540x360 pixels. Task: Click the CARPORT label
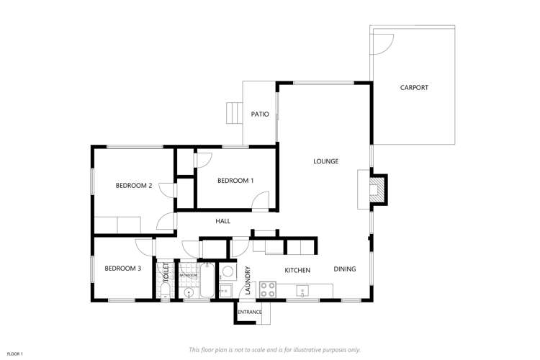[x=414, y=88]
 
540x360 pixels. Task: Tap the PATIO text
[x=259, y=114]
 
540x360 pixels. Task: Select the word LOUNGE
[x=325, y=161]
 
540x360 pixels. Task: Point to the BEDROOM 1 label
[x=235, y=180]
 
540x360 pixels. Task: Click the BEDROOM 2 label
[x=134, y=186]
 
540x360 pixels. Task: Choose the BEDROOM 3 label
[x=122, y=269]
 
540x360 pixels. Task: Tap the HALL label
[x=222, y=221]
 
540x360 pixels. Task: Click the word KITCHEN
[x=297, y=270]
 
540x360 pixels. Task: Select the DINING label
[x=345, y=269]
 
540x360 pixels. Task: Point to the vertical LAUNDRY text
[x=247, y=281]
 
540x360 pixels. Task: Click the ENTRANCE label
[x=250, y=312]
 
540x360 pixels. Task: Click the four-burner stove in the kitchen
[x=268, y=289]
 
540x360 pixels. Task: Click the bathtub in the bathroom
[x=207, y=280]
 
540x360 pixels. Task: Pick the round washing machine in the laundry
[x=226, y=272]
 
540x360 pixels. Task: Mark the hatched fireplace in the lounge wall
[x=377, y=189]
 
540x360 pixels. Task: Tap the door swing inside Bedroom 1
[x=262, y=201]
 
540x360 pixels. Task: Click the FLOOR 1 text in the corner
[x=15, y=354]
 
